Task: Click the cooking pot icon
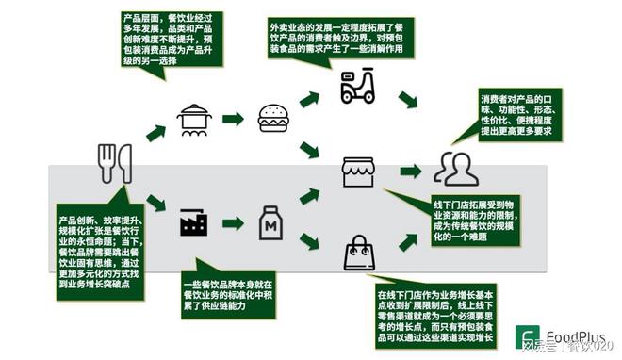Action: coord(193,120)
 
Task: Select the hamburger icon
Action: coord(272,117)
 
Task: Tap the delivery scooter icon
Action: coord(357,86)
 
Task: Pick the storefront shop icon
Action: coord(358,172)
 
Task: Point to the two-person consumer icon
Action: coord(455,170)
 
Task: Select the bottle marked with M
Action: coord(272,222)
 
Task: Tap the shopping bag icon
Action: coord(359,253)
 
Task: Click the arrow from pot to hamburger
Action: coord(233,119)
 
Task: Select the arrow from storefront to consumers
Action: coord(410,172)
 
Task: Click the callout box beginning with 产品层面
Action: coord(172,39)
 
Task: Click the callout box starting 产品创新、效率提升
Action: coord(87,246)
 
